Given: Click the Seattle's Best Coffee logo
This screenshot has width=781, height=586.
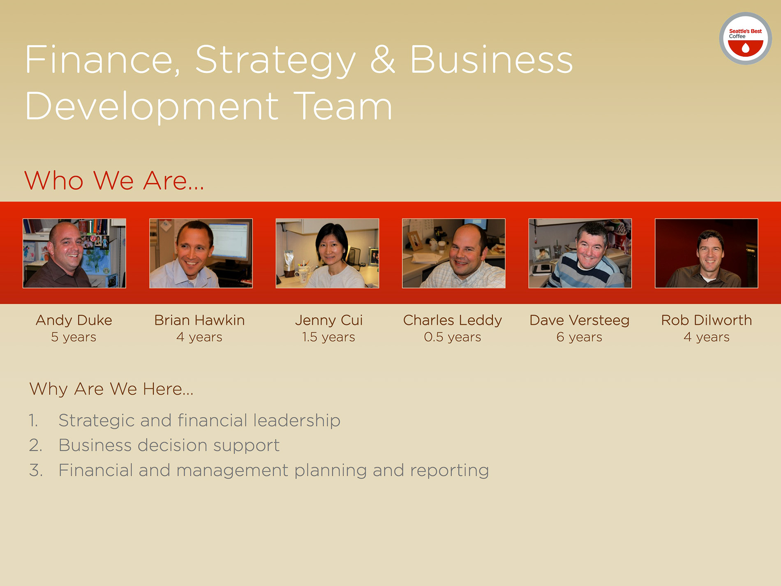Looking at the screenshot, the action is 745,38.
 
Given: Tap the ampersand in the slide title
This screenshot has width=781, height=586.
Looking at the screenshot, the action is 383,60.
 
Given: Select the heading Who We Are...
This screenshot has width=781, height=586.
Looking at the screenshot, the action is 114,181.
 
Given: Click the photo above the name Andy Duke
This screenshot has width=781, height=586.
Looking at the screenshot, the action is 74,253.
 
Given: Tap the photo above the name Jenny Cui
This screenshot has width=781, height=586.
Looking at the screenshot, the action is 327,253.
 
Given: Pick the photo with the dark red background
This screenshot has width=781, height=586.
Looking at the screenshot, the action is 706,253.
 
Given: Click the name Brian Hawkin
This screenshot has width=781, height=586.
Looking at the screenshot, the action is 199,320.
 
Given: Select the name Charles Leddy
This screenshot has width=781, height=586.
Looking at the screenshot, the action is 453,320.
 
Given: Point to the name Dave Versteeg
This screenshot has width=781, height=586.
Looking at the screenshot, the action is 580,320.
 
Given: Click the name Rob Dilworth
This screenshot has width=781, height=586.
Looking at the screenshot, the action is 706,320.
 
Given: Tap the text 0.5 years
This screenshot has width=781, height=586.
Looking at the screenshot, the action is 453,337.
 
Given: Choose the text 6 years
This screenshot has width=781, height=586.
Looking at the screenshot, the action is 580,337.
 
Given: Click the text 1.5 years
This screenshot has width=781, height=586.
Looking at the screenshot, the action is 329,337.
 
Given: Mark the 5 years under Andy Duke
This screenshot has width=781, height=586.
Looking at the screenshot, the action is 74,337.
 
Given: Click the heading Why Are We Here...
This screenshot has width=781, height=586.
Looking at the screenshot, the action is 111,389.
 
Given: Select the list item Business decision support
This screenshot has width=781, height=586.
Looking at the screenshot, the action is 169,445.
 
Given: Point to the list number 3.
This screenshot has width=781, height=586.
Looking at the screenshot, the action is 36,470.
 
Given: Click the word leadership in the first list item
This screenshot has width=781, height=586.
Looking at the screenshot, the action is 297,420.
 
